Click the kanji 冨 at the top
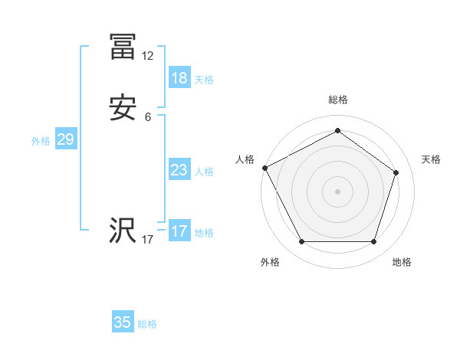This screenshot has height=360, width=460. (123, 47)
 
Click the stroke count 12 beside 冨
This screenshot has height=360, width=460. (148, 56)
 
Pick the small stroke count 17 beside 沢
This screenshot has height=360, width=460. (148, 240)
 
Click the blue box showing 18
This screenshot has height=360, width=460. (179, 78)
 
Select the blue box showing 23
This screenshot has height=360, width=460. (179, 170)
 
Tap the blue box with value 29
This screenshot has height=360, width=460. (65, 139)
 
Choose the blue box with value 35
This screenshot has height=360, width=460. (123, 322)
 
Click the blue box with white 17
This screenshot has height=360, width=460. (179, 231)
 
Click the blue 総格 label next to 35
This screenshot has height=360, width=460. (147, 324)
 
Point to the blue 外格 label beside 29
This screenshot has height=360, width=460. (41, 141)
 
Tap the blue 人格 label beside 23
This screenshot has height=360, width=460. (204, 172)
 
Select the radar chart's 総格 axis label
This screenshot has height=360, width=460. (337, 100)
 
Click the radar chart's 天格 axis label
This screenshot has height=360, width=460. (431, 159)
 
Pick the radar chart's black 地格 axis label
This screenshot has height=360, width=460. (402, 262)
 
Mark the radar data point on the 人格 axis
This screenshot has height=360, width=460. (264, 168)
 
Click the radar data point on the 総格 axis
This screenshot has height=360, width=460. (337, 130)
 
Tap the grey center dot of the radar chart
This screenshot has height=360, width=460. (337, 191)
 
